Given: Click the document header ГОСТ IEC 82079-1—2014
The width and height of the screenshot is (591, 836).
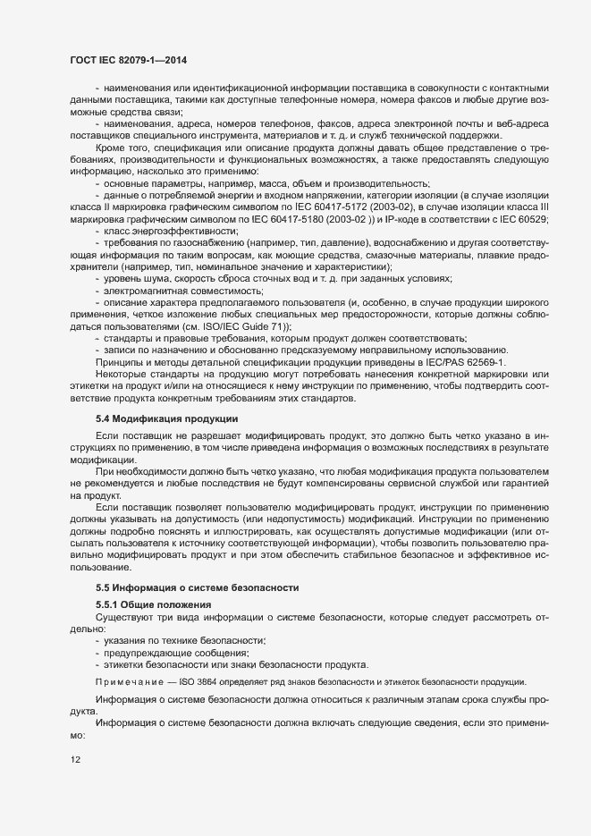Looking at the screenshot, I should pos(128,59).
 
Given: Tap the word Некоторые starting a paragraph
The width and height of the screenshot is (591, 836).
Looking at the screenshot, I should pos(126,375).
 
